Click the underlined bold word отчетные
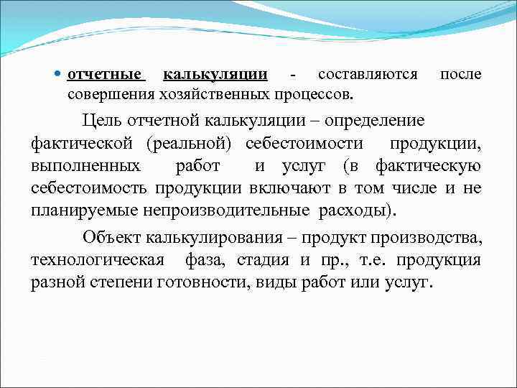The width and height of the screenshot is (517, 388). click(106, 74)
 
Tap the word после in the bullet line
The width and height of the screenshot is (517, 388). click(460, 74)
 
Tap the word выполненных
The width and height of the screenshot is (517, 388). click(85, 166)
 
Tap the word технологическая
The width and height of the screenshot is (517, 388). click(97, 259)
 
